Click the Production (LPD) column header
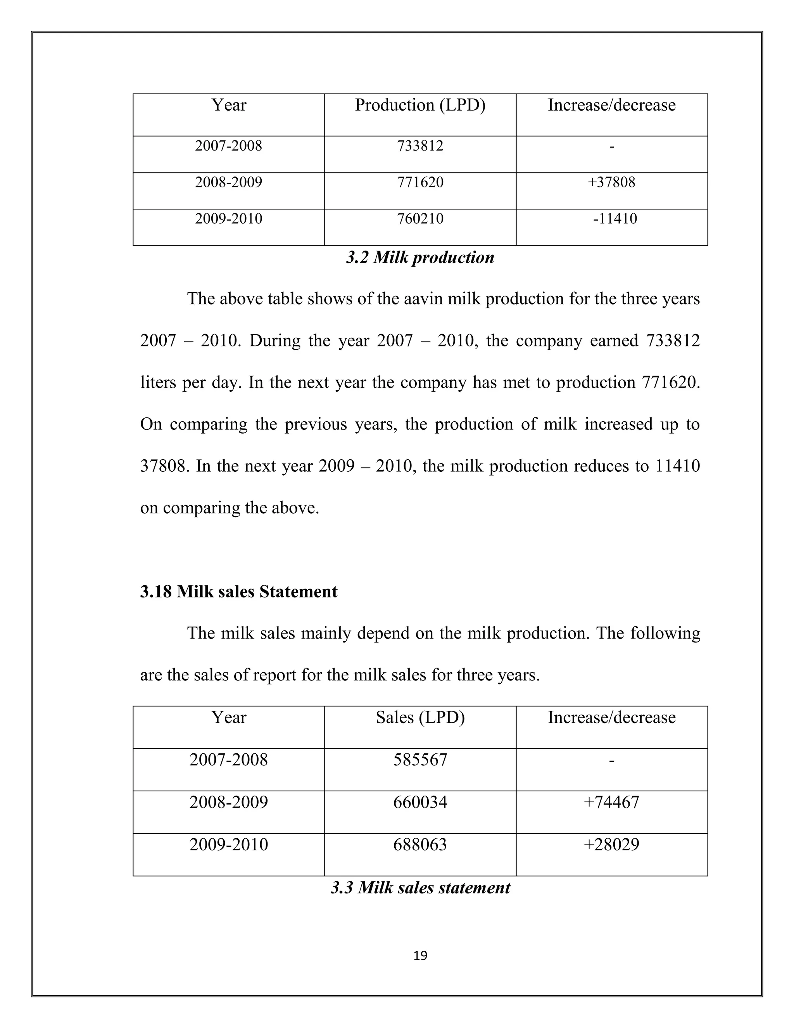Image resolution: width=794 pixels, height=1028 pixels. click(420, 105)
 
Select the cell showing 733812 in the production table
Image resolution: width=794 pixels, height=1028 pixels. click(420, 146)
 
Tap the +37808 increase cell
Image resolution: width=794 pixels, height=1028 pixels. click(611, 182)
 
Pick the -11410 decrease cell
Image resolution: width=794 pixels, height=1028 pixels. click(614, 219)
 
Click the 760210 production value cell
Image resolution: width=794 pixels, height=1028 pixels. click(420, 219)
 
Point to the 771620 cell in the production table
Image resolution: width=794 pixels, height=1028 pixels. click(420, 182)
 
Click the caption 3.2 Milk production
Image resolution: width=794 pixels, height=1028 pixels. click(420, 258)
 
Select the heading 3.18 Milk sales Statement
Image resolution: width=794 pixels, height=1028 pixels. click(238, 592)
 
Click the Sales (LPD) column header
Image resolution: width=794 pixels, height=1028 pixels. click(420, 717)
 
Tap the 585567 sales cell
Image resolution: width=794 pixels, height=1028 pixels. click(420, 760)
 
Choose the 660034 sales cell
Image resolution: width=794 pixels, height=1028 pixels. click(420, 802)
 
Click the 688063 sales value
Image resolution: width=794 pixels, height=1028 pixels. click(420, 845)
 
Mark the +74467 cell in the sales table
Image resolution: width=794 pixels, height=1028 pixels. click(611, 802)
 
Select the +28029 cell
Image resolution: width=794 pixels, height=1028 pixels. click(611, 845)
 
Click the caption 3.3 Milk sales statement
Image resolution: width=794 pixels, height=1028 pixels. click(420, 888)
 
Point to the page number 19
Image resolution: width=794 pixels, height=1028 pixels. click(420, 956)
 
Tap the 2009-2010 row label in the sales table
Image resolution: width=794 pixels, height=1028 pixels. click(229, 845)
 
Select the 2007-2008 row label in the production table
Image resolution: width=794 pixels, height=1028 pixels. click(229, 146)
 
